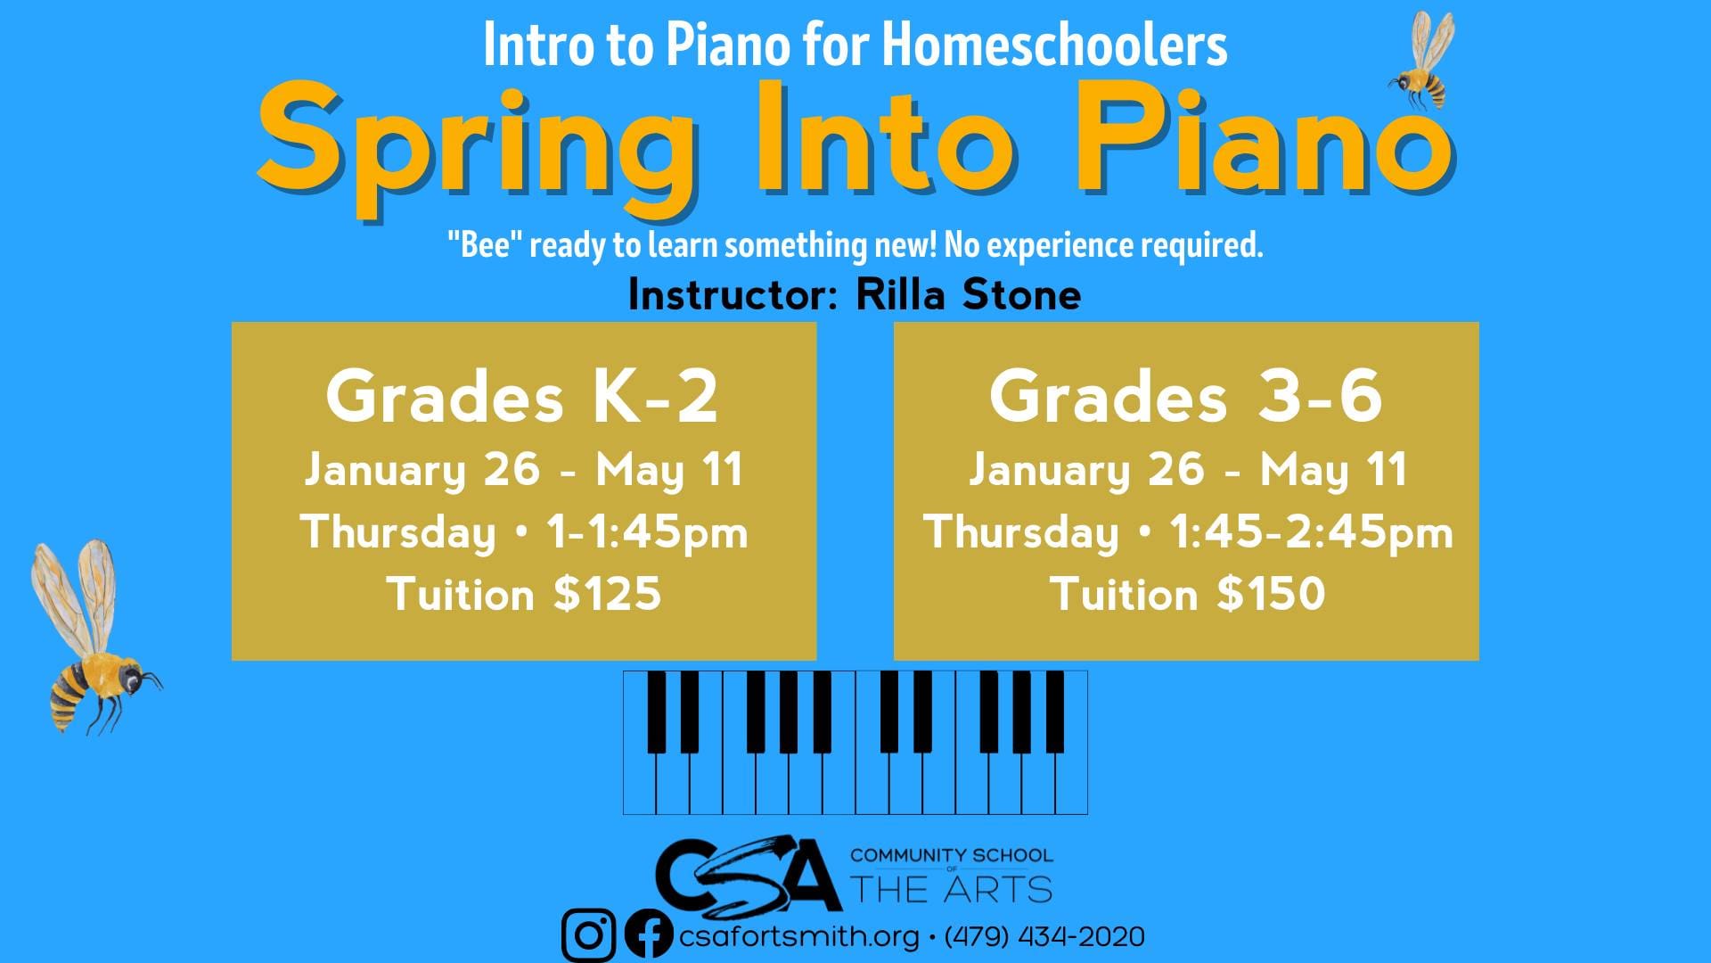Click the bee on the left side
pyautogui.click(x=94, y=638)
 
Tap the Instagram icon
pyautogui.click(x=588, y=935)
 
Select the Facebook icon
pyautogui.click(x=649, y=935)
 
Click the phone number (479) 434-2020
pyautogui.click(x=1044, y=937)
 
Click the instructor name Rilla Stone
pyautogui.click(x=969, y=295)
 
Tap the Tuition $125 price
pyautogui.click(x=524, y=594)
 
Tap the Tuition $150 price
pyautogui.click(x=1188, y=594)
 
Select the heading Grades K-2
pyautogui.click(x=522, y=397)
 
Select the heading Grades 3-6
pyautogui.click(x=1186, y=397)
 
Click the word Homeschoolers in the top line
pyautogui.click(x=1055, y=45)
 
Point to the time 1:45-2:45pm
pyautogui.click(x=1311, y=533)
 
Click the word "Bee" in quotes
pyautogui.click(x=484, y=244)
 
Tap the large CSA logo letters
pyautogui.click(x=748, y=873)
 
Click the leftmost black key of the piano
pyautogui.click(x=657, y=712)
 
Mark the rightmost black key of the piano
pyautogui.click(x=1055, y=712)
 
